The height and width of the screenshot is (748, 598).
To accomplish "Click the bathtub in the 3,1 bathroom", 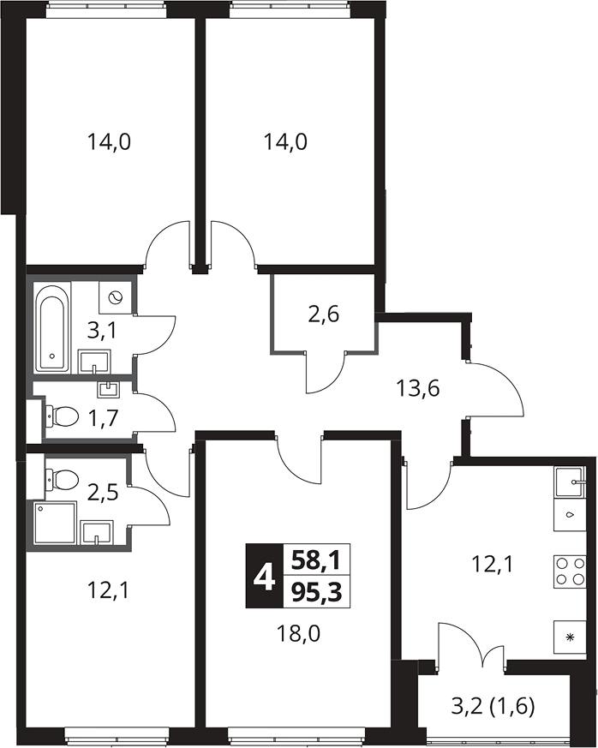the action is tap(52, 327).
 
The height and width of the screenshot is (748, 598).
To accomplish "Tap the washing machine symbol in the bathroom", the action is tap(115, 297).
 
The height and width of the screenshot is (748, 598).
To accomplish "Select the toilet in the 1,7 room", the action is tap(62, 416).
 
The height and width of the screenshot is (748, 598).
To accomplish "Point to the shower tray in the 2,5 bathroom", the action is tap(56, 523).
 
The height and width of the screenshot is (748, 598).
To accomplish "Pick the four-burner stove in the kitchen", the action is tap(570, 571).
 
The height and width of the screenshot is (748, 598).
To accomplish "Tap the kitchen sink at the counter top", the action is tap(570, 482).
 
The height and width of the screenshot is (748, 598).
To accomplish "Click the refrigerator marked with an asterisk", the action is tap(570, 637).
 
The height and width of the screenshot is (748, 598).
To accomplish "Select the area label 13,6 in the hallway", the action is tap(417, 389).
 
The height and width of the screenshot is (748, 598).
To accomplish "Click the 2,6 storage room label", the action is tap(323, 314).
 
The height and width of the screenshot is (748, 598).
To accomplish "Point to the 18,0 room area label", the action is tap(298, 634).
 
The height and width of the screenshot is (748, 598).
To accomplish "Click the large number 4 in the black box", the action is tap(264, 576).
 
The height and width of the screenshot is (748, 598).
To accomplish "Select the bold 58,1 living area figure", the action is tap(317, 560).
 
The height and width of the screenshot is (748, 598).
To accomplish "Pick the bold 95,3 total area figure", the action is tap(317, 592).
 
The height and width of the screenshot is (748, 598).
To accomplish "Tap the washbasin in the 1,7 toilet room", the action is tap(109, 389).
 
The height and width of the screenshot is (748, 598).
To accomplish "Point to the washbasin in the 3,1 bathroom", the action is tap(94, 362).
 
